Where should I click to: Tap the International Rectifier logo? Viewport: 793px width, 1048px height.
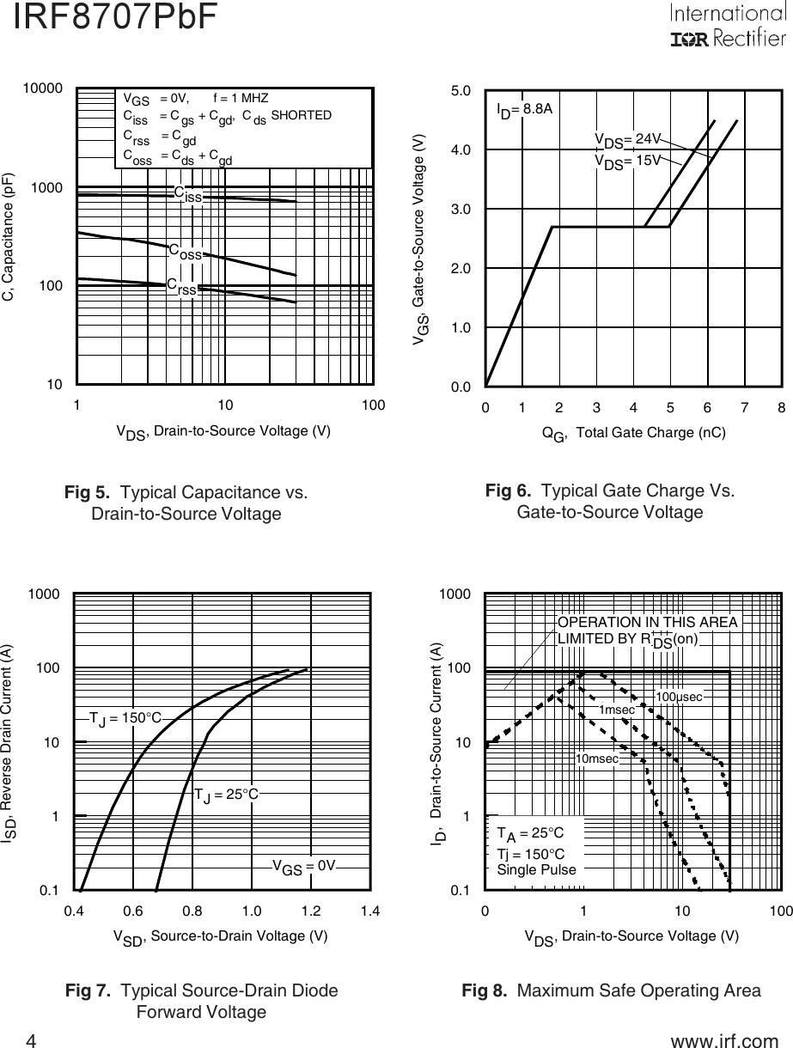[727, 27]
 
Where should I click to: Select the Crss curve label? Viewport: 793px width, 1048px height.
[182, 286]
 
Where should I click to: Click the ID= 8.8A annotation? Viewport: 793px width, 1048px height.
[524, 109]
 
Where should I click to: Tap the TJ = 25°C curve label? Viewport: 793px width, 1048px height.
[226, 794]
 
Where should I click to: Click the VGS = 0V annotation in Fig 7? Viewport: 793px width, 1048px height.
[303, 866]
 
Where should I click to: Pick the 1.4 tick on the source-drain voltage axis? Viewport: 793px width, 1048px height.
[370, 911]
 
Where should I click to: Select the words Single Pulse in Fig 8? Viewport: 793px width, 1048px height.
[537, 869]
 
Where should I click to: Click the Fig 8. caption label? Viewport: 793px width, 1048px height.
[486, 990]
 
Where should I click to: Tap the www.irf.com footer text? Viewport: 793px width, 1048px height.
[723, 1041]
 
